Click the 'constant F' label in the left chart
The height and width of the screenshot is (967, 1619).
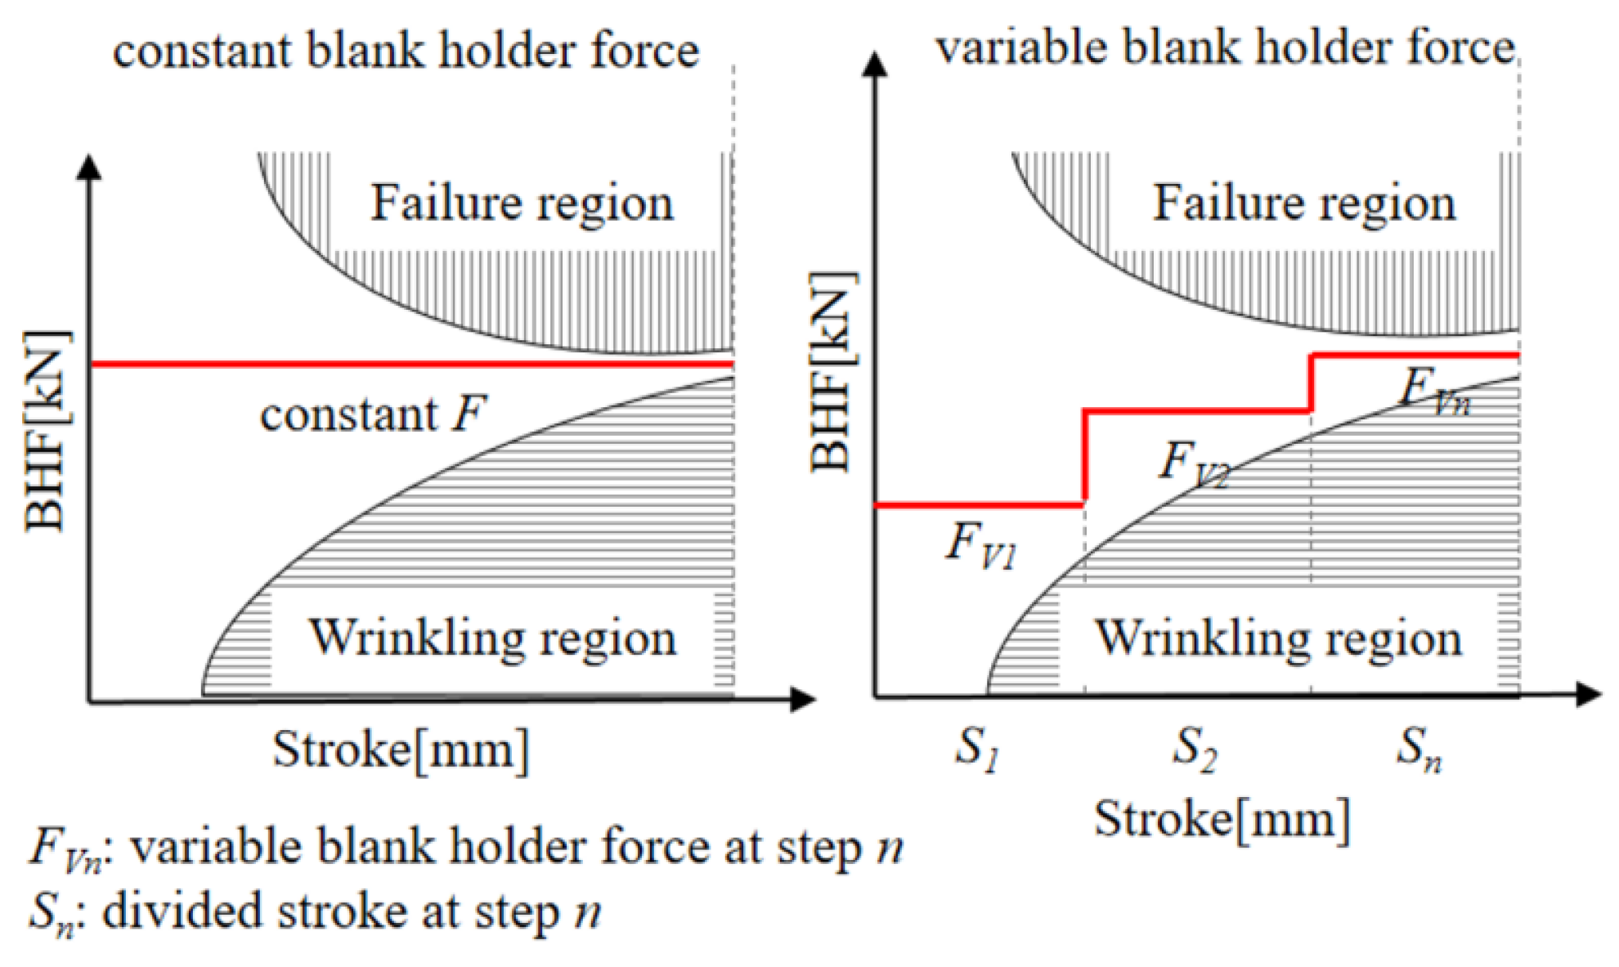tap(373, 414)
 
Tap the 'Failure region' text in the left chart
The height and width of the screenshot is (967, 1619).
tap(522, 203)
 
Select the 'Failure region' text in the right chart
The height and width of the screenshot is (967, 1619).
tap(1304, 203)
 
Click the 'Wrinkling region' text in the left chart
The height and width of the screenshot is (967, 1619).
tap(492, 638)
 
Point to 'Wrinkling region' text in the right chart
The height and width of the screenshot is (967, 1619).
tap(1278, 638)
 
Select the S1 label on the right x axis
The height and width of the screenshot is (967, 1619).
tap(977, 748)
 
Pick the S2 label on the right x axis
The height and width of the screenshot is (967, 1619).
tap(1195, 748)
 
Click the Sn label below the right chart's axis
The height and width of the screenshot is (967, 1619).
tap(1418, 748)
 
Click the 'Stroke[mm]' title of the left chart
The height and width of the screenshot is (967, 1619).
tap(401, 749)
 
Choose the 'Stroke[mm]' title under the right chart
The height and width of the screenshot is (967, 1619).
tap(1222, 819)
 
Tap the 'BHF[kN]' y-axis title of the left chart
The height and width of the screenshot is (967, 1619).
tap(46, 431)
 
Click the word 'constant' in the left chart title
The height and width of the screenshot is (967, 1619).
tap(201, 51)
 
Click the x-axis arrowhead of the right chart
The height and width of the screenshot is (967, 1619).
tap(1588, 695)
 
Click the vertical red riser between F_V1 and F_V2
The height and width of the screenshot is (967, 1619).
tap(1084, 456)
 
